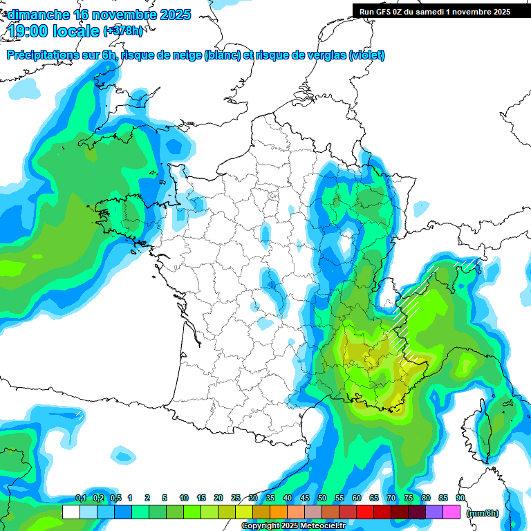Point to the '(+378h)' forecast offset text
(123, 31)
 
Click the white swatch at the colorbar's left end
(71, 512)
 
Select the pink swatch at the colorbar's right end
(451, 512)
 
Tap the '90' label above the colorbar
(460, 499)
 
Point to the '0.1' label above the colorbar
(80, 499)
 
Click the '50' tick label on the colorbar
(322, 499)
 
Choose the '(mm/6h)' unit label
(483, 513)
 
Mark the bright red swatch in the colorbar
(365, 512)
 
